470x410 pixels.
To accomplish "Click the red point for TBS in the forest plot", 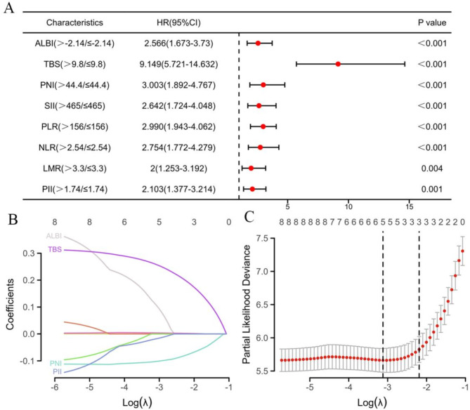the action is coord(338,64).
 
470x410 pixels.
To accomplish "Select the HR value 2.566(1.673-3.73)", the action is coord(178,44).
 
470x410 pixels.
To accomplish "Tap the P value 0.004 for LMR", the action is coord(431,168).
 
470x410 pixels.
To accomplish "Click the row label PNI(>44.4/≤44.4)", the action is coord(74,85).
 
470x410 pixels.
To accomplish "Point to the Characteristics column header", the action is coord(74,22).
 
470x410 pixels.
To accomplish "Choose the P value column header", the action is coord(432,22).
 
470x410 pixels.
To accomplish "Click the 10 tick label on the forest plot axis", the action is coord(348,206).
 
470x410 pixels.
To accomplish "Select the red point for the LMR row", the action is coord(251,168).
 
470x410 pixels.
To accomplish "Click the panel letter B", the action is coord(13,219).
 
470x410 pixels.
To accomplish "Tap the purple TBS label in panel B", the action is coord(55,249).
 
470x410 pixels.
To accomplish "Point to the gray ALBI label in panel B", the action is coord(53,236).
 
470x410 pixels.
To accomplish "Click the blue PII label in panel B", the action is coord(57,372).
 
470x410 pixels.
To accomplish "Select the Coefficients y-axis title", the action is coord(10,304).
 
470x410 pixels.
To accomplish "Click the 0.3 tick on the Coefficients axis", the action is coord(29,253).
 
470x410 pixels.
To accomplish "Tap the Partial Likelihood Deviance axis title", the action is coord(247,304).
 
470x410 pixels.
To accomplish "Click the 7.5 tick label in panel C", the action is coord(262,239).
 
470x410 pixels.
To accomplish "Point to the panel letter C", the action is coord(249,217).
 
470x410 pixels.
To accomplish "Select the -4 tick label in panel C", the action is coord(348,388).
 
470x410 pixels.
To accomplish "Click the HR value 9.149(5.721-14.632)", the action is coord(178,65).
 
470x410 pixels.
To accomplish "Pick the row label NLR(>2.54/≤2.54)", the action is coord(74,147).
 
